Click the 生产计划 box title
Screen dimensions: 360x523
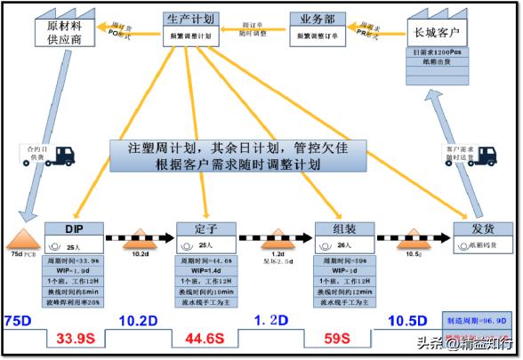(190, 19)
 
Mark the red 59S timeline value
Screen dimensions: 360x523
(342, 338)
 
